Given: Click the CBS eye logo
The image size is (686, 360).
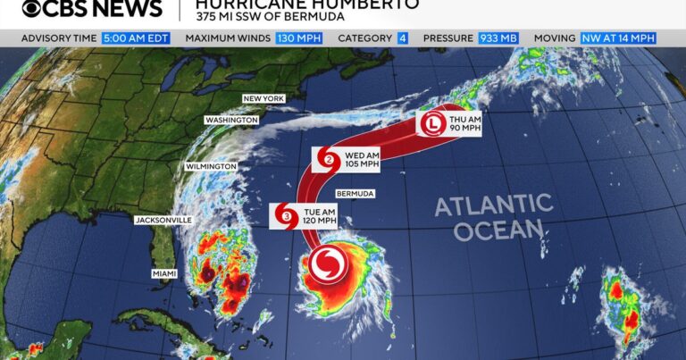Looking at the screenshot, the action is pos(36,10).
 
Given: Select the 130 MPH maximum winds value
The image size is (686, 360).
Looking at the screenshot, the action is pos(300,38).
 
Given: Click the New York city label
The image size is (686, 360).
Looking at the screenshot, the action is pos(264,98).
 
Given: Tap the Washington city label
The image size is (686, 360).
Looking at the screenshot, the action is pos(231,120).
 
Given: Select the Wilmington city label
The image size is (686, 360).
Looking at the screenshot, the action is pos(211,166).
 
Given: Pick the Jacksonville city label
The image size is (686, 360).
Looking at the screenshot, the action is pos(163,219).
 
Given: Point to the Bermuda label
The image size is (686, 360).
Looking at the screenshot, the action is pos(355,193).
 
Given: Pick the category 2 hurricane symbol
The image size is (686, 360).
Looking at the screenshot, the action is pos(328,161).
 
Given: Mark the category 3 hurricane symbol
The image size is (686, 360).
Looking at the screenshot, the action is pos(286,215).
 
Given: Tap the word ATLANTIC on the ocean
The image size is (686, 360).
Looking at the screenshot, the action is pos(494,206).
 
